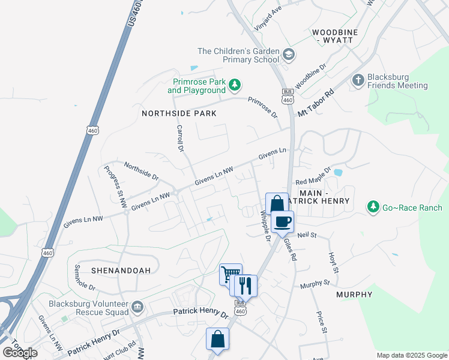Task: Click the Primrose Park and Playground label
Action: (198, 86)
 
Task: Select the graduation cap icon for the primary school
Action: (289, 55)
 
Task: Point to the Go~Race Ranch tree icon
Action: (373, 207)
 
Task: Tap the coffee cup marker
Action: (282, 221)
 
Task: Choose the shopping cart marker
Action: (230, 275)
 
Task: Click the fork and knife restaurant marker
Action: (245, 286)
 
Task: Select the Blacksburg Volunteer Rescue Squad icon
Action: (139, 307)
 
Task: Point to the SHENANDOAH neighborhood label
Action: (121, 271)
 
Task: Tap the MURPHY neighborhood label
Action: (354, 295)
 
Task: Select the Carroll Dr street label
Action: (179, 137)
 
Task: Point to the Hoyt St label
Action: (333, 262)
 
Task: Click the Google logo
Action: (19, 353)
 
